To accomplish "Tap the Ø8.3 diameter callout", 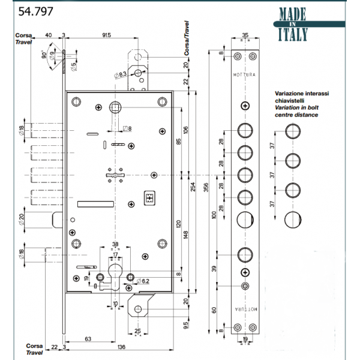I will (x=118, y=74).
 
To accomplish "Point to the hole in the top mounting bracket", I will (x=139, y=73).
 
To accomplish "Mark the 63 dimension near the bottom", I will (x=88, y=339).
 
